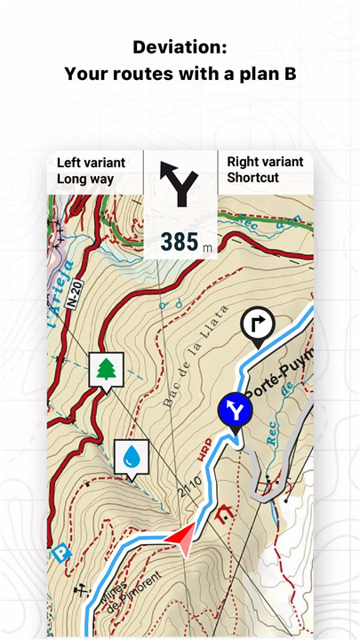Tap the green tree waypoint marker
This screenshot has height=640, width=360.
pos(106,368)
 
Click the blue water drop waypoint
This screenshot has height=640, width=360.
pos(132,457)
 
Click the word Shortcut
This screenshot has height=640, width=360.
pos(252,178)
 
